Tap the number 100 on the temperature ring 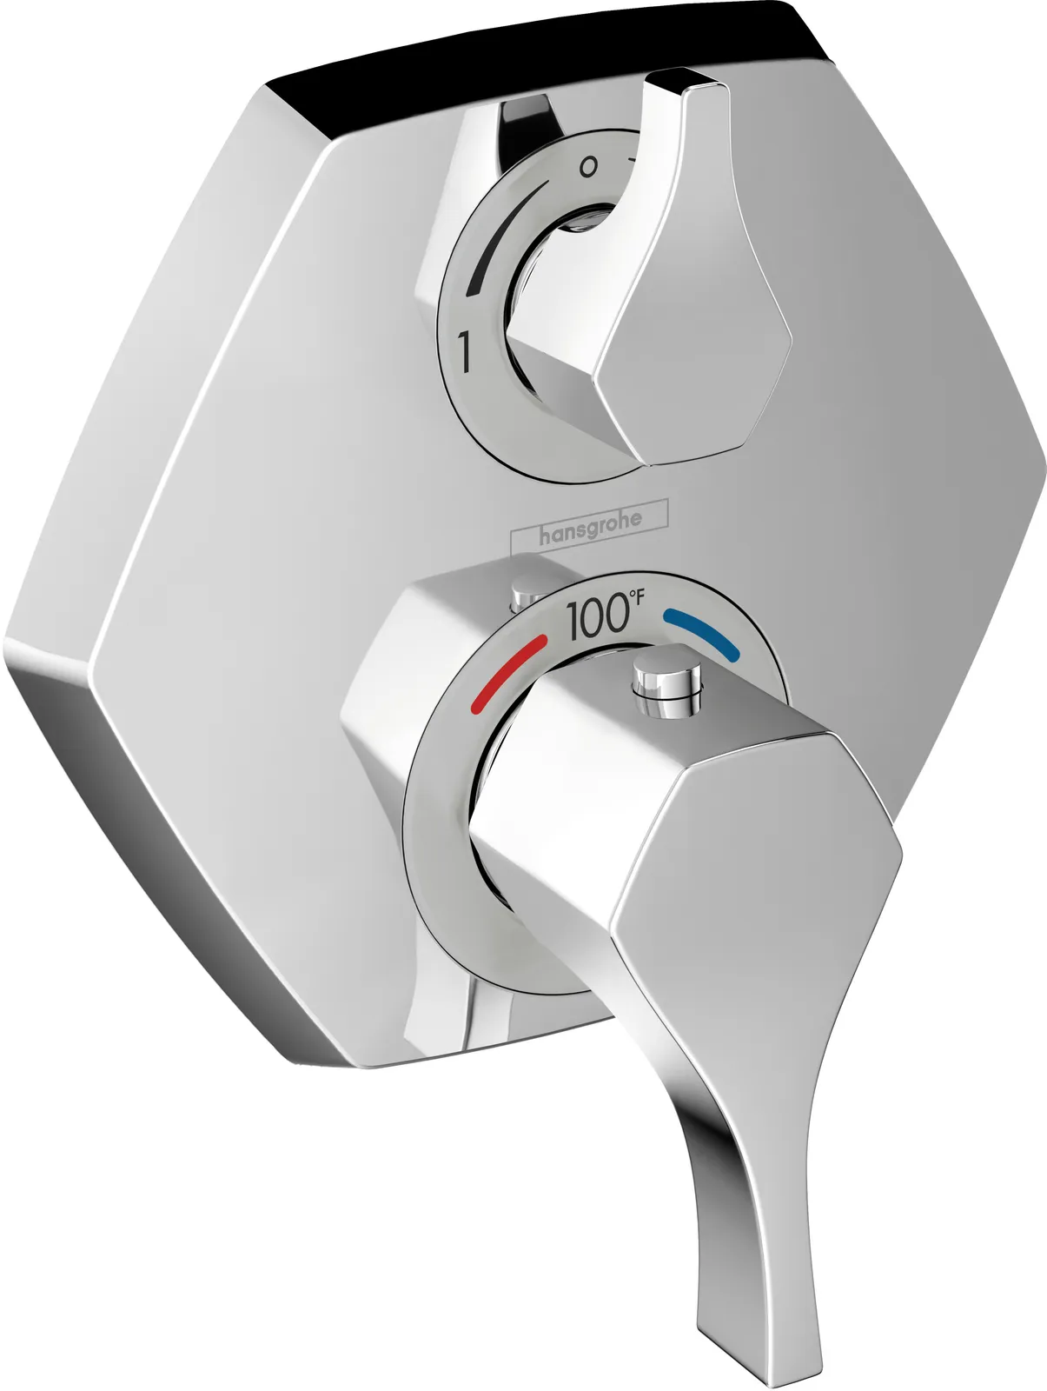point(593,620)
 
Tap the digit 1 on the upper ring point(466,354)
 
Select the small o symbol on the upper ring point(588,167)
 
